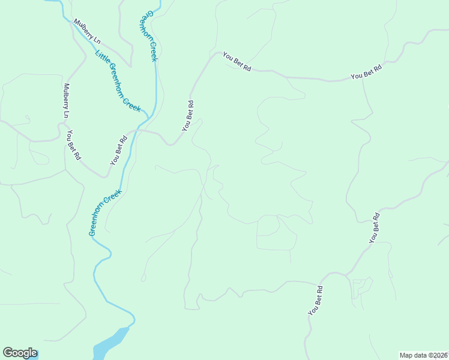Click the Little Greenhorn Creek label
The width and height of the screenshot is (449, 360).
point(118,82)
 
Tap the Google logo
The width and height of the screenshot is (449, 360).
point(20,353)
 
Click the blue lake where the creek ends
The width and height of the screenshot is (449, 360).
point(110,343)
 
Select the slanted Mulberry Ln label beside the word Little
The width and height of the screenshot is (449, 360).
point(88,31)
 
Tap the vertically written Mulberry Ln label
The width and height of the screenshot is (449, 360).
point(66,100)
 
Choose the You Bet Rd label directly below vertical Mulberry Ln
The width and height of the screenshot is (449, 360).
point(73,145)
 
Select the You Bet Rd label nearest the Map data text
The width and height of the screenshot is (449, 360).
point(316,300)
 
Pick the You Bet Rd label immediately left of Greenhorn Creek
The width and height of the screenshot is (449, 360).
point(119,151)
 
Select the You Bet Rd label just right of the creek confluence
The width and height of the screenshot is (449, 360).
point(188,115)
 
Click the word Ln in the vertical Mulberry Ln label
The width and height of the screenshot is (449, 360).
point(67,113)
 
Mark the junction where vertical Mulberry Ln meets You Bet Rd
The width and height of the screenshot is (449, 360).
point(62,123)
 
